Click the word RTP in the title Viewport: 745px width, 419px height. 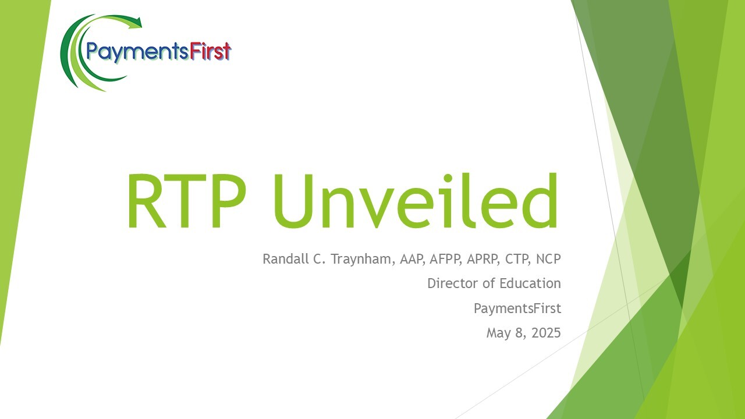pos(187,201)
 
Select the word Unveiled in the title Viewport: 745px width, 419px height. pos(416,201)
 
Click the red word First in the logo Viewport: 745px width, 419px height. pos(211,52)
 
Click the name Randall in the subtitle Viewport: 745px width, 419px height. pos(286,259)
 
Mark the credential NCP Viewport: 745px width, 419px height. pos(548,259)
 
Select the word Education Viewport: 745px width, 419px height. pos(530,283)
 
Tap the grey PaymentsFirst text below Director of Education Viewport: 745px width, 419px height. pos(517,309)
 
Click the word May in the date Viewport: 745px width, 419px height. pos(499,333)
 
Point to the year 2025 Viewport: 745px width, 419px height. pos(546,332)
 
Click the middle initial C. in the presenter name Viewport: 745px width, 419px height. pos(319,259)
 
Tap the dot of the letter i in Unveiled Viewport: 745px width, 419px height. pos(448,178)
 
